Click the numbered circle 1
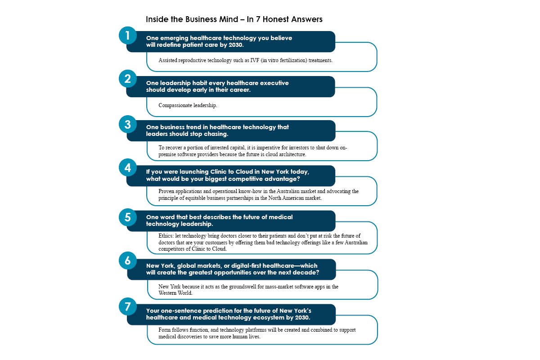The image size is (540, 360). (x=128, y=36)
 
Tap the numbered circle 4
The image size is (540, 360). (x=128, y=167)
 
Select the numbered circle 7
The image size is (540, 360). (x=128, y=306)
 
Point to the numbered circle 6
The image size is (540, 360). (x=128, y=261)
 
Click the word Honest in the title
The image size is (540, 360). (x=275, y=19)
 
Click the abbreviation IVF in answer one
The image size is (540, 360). (x=255, y=60)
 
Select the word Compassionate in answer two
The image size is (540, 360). (x=175, y=105)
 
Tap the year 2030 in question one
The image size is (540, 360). (x=236, y=45)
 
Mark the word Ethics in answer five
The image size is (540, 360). (x=166, y=236)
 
